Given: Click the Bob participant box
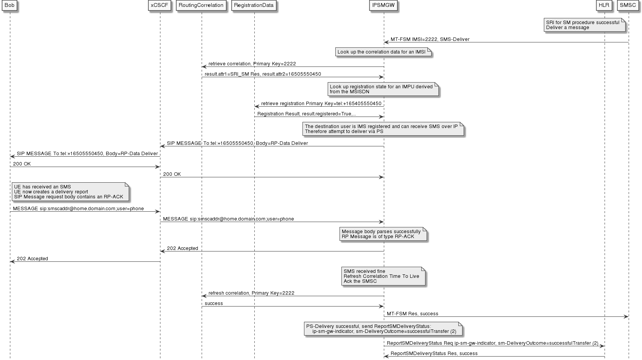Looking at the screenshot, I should coord(10,5).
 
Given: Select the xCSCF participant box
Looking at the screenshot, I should coord(160,5).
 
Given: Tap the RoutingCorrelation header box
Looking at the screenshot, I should coord(201,5).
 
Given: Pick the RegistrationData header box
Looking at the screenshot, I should coord(254,5).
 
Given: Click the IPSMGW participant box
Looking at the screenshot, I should coord(383,5).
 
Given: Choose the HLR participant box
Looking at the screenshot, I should coord(604,5).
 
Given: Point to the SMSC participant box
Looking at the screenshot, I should coord(628,5).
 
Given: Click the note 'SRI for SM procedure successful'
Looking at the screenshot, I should coord(584,25).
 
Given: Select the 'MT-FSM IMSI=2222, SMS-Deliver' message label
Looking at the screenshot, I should coord(430,39).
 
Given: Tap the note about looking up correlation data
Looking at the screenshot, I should coord(382,52).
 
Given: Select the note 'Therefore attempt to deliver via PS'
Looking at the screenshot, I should coord(383,129).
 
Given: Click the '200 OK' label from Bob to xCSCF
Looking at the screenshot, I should coord(22,164).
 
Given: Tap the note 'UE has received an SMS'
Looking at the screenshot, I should coord(70,192).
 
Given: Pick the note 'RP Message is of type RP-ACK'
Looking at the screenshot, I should coord(382,234).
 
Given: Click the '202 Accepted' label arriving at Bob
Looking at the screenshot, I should coord(32,259).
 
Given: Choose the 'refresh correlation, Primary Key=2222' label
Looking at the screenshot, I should coord(251,293).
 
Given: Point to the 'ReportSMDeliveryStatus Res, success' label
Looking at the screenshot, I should coord(434,354).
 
